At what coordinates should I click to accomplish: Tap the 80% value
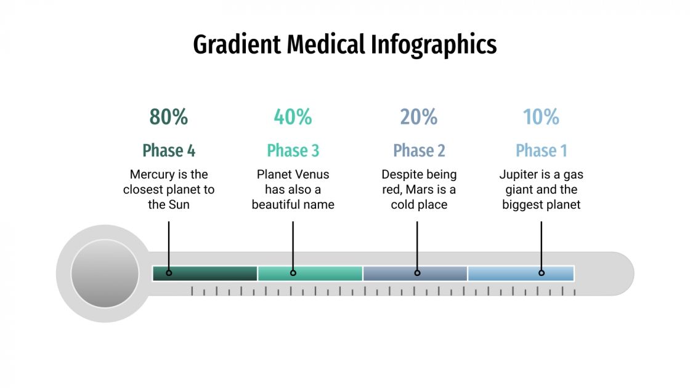[x=169, y=116]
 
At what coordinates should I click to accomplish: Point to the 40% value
[x=293, y=116]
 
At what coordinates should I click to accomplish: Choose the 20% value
[x=419, y=116]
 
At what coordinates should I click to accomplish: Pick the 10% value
[x=541, y=116]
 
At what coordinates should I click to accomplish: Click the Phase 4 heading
[x=169, y=150]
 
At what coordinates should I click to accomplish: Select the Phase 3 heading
[x=293, y=150]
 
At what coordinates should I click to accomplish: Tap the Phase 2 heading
[x=419, y=150]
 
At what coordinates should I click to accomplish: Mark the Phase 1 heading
[x=541, y=150]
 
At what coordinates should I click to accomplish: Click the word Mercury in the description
[x=152, y=174]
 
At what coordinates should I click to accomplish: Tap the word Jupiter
[x=521, y=174]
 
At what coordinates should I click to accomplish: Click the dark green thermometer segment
[x=205, y=273]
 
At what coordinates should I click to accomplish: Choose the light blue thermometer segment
[x=521, y=273]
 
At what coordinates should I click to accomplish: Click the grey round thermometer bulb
[x=105, y=273]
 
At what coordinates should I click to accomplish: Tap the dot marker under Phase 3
[x=293, y=273]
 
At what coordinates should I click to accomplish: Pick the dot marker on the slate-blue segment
[x=417, y=273]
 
